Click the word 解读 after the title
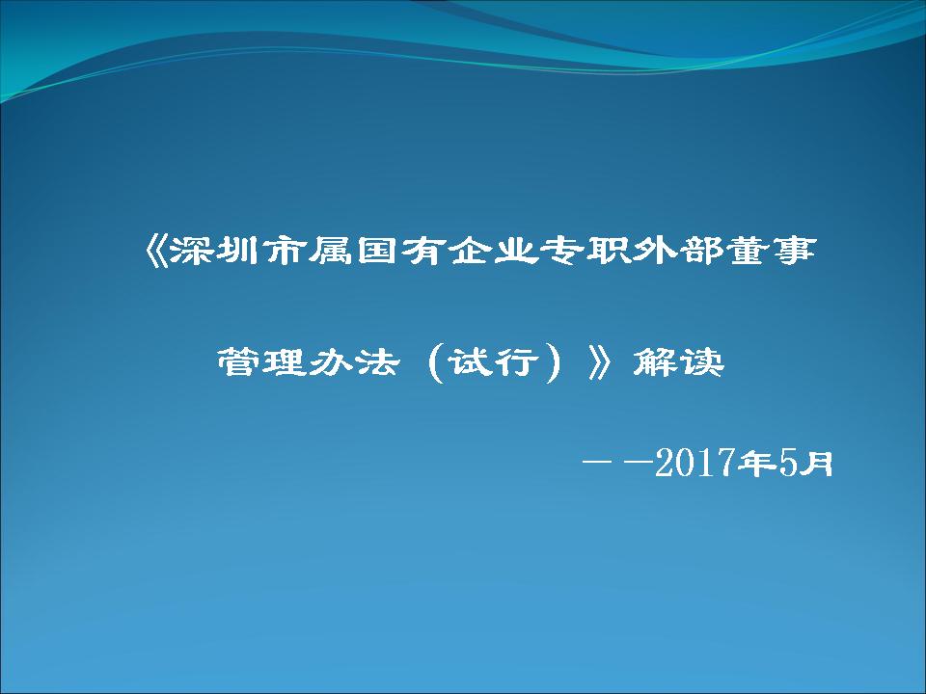(x=678, y=361)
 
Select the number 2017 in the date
(x=696, y=463)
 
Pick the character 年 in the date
(x=758, y=463)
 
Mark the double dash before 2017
(x=616, y=463)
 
